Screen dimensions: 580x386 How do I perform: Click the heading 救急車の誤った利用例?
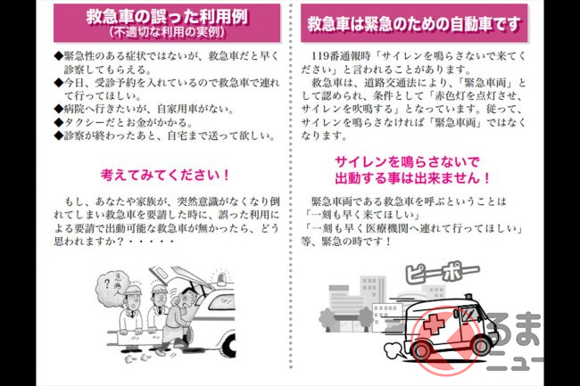167,17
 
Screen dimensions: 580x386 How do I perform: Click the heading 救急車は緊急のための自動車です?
414,23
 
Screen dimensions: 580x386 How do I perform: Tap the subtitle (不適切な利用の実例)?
167,32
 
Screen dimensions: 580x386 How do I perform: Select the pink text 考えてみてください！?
165,175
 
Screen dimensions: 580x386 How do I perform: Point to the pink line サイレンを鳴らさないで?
407,161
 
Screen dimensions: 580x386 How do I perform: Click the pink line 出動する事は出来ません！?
413,178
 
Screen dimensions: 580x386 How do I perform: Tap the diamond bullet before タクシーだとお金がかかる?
58,122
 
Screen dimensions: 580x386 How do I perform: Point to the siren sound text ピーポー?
443,274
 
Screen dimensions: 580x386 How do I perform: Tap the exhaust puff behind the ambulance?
394,350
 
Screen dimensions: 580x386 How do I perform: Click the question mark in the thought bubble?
107,283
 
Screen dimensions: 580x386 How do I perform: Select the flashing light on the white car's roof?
222,280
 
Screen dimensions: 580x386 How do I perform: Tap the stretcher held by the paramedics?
141,337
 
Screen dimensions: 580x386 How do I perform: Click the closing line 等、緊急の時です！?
346,242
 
